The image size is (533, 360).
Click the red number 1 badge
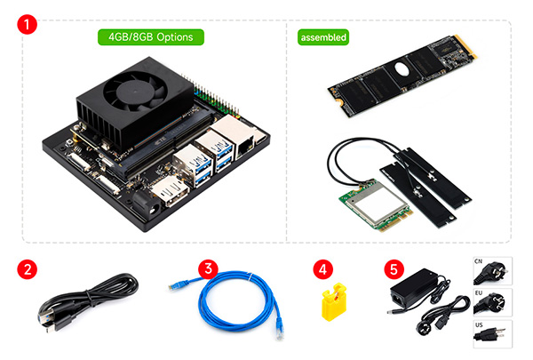[27, 24]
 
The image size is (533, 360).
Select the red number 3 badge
[209, 268]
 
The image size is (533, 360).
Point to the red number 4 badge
[323, 269]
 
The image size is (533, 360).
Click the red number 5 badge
[394, 269]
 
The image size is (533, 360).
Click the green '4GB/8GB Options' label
[151, 37]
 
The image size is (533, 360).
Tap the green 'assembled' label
[323, 37]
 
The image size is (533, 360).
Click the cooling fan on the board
[135, 92]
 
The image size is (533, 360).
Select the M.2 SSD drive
[402, 76]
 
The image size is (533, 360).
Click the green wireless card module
[377, 204]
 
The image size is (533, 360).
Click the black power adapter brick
[413, 288]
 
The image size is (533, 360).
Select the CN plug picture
[492, 271]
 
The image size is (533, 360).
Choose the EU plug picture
[492, 302]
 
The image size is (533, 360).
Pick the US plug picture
[492, 334]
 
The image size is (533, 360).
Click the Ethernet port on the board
[245, 148]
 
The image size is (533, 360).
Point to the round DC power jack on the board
[147, 204]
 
